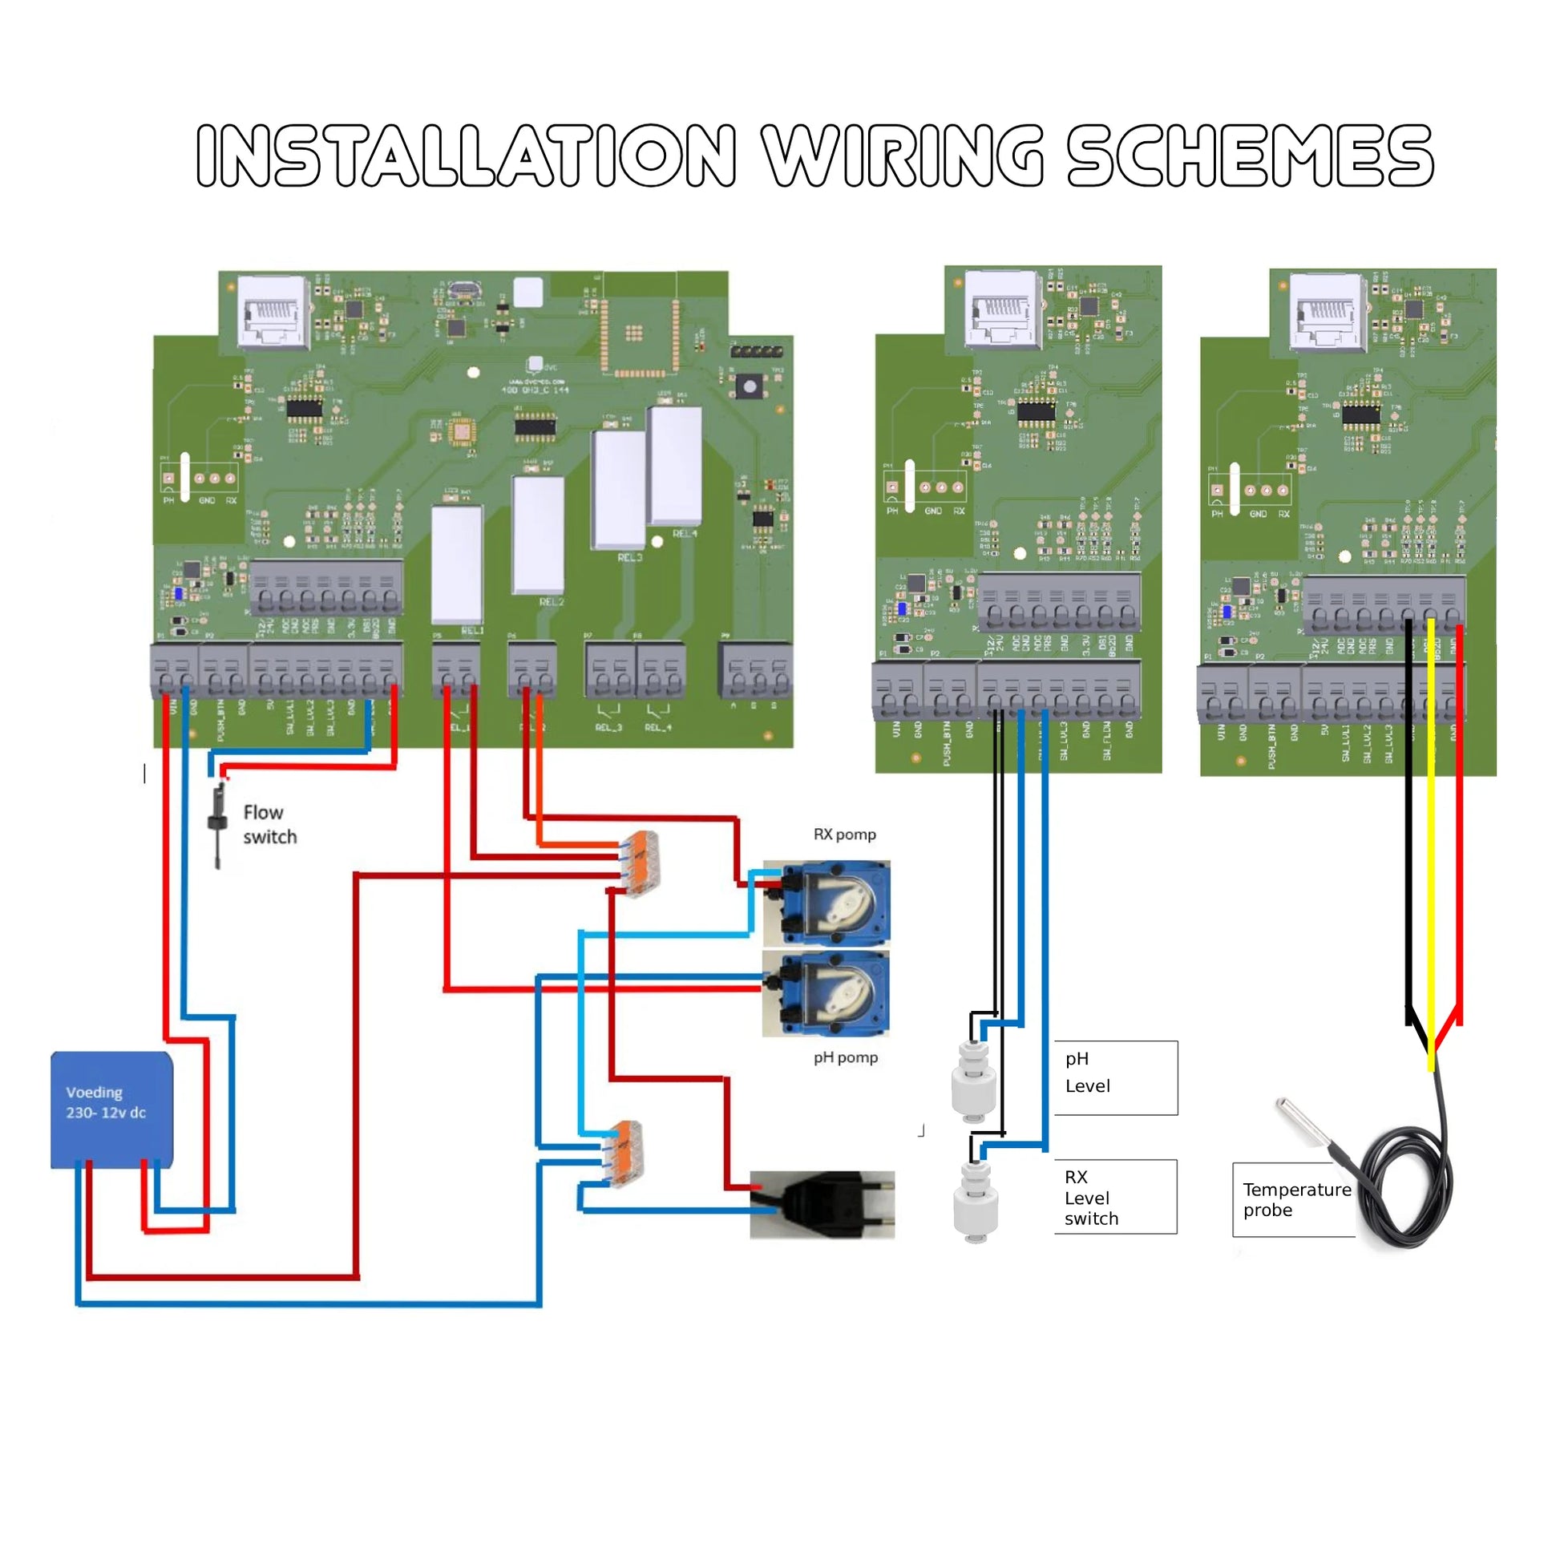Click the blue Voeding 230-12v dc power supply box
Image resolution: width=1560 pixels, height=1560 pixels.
[111, 1109]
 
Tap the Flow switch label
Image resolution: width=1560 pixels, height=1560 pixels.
[269, 824]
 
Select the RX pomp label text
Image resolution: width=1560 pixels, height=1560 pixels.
[844, 834]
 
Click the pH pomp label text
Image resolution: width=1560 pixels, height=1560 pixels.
[845, 1057]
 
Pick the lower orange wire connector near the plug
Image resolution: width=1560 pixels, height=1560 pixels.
[624, 1154]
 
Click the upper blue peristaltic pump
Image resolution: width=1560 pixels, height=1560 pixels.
[826, 903]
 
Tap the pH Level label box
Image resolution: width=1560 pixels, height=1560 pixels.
[1116, 1078]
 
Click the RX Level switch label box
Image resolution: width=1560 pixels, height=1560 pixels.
[1116, 1198]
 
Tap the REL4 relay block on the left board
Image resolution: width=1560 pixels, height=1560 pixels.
[675, 466]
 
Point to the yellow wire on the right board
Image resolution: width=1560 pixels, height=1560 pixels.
[1431, 848]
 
